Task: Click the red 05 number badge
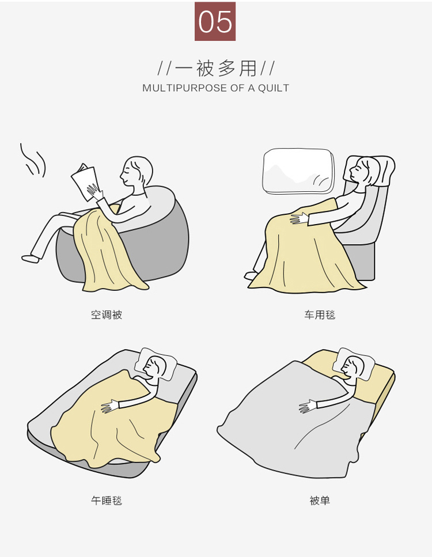coord(215,21)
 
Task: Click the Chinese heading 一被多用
coord(216,68)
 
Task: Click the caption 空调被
coord(107,315)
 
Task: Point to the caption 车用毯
coord(320,315)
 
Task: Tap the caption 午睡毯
coord(107,501)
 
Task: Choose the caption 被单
coord(320,501)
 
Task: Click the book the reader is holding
coord(85,182)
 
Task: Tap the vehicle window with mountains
coord(298,171)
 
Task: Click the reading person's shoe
coord(30,259)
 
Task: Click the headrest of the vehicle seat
coord(369,170)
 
